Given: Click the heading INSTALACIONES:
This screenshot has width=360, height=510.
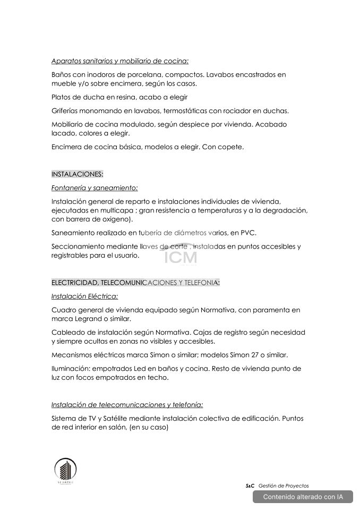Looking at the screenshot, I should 78,174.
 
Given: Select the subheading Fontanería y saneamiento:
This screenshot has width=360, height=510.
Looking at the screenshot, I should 95,188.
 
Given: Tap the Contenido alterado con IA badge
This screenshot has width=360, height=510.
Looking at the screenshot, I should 303,497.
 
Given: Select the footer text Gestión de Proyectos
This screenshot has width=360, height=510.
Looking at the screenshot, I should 284,486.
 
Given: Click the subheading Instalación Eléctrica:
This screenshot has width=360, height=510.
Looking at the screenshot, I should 84,296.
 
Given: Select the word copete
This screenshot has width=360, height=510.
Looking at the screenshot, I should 231,147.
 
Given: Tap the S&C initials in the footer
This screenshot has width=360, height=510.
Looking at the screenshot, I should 250,486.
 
